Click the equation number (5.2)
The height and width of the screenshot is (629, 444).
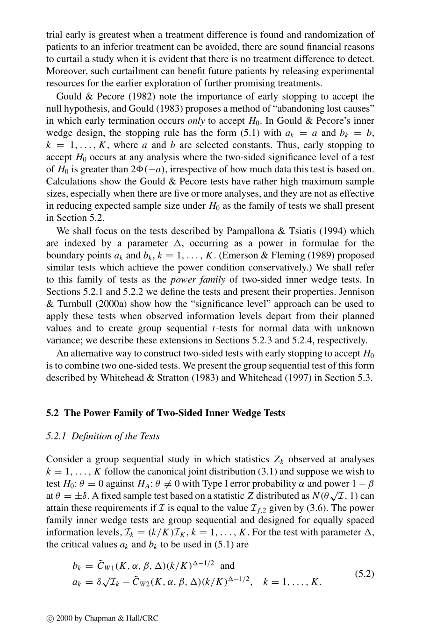(x=365, y=574)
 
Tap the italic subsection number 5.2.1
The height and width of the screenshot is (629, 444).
(x=56, y=436)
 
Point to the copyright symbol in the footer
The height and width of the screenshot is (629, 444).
(x=49, y=618)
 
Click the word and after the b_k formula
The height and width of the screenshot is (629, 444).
(x=227, y=565)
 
